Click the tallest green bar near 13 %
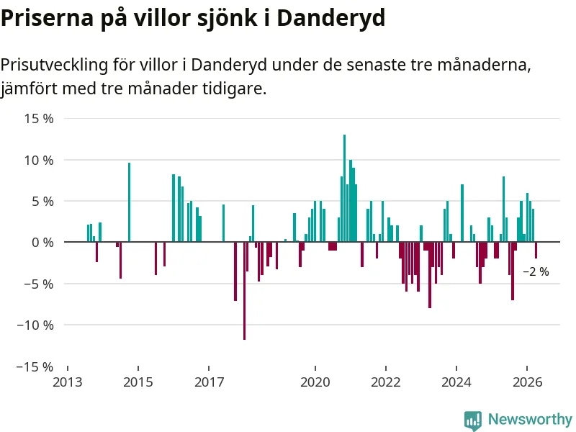[344, 188]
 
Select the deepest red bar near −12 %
[244, 291]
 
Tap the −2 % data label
[536, 272]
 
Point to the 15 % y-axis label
[39, 119]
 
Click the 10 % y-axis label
[39, 160]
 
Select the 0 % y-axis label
[42, 243]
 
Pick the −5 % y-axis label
[39, 284]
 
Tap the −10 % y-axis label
[35, 325]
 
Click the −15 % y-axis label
[35, 366]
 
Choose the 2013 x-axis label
[68, 382]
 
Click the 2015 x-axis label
[138, 382]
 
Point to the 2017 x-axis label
[209, 382]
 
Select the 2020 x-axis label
[315, 382]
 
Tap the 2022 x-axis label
[386, 382]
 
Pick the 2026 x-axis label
[527, 382]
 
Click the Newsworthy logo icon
[473, 420]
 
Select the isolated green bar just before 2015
[130, 202]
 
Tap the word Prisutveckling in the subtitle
[55, 66]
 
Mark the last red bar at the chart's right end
[536, 250]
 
